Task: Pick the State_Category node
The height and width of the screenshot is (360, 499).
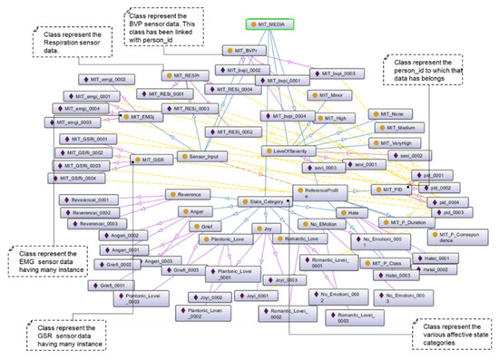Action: [264, 200]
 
